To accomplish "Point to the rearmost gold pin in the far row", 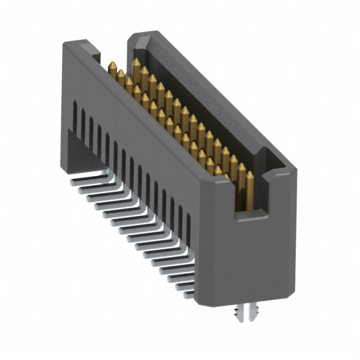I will click(x=136, y=64).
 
